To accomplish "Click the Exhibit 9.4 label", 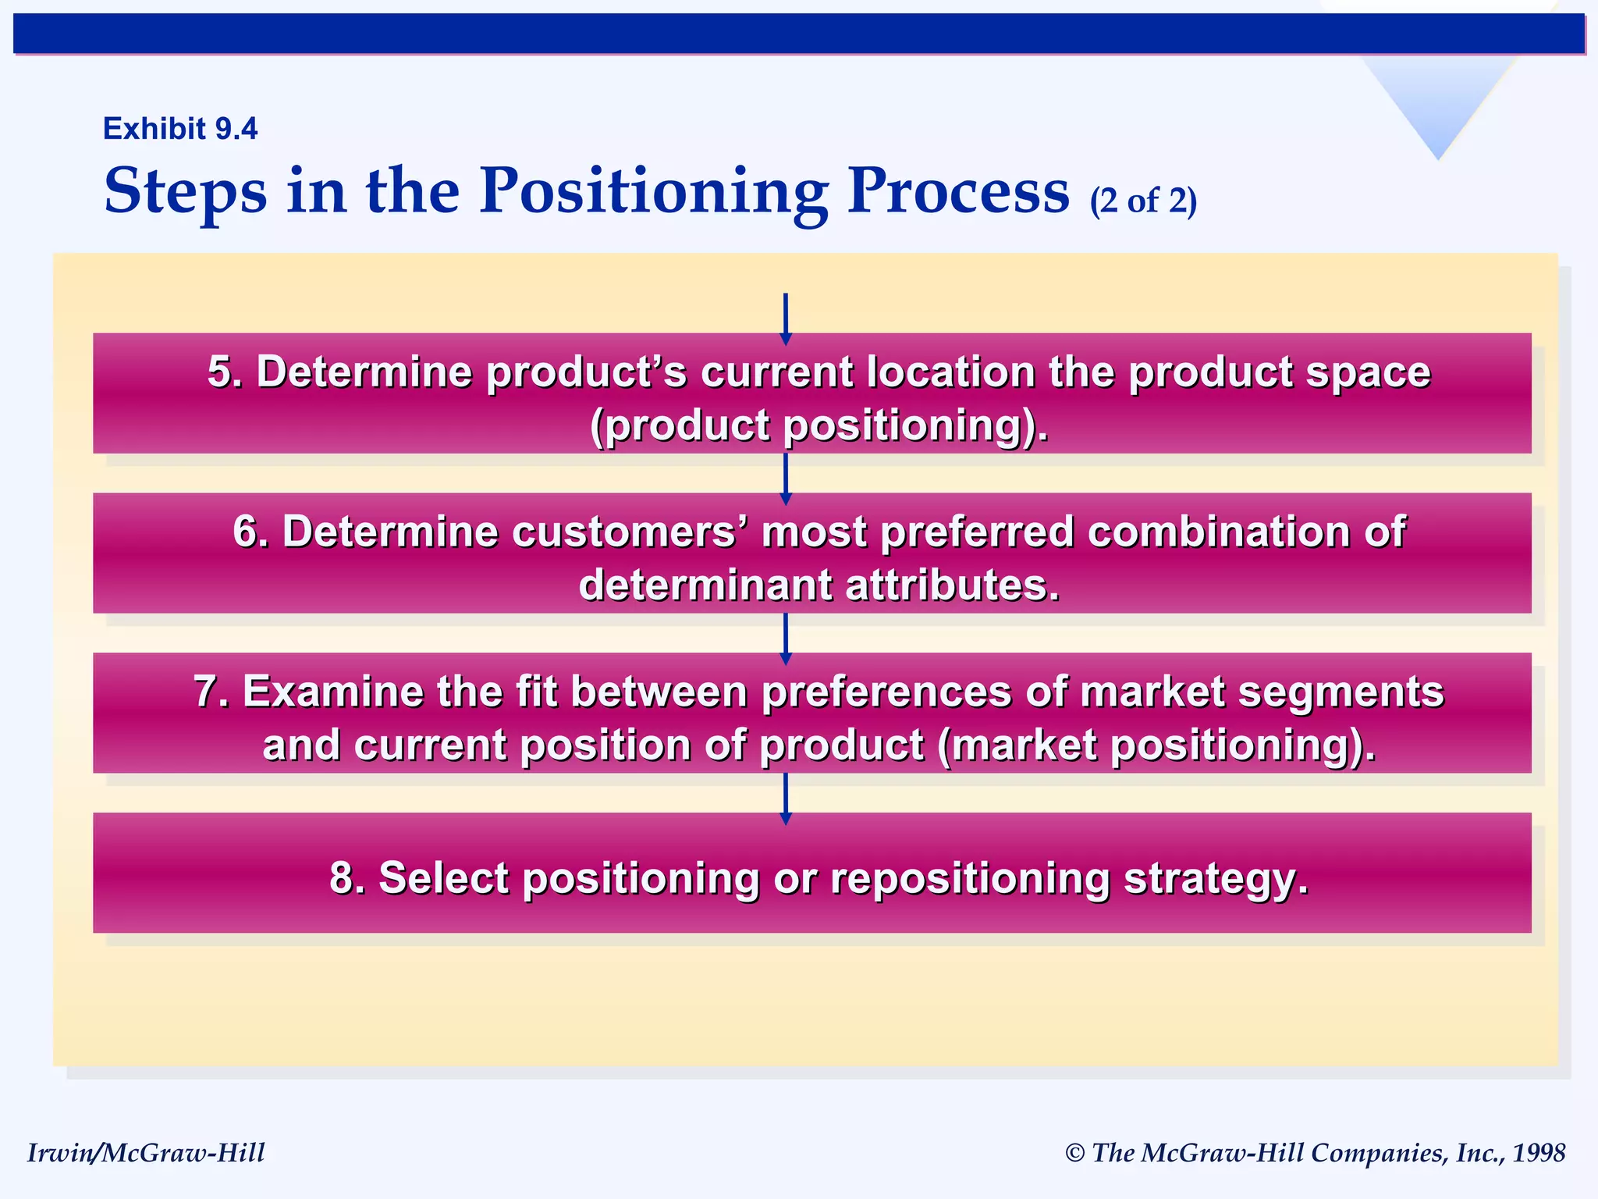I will (x=180, y=129).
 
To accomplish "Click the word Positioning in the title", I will (x=653, y=191).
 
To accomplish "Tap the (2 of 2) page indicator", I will (x=1143, y=201).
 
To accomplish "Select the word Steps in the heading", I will (x=185, y=193).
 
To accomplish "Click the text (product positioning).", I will (x=819, y=426).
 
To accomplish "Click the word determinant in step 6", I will (x=705, y=585).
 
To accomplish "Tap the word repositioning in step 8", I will (x=970, y=877).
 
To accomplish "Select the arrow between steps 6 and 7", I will (x=786, y=636).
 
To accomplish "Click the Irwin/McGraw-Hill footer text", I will (x=146, y=1153).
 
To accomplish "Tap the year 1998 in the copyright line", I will (x=1538, y=1153).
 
